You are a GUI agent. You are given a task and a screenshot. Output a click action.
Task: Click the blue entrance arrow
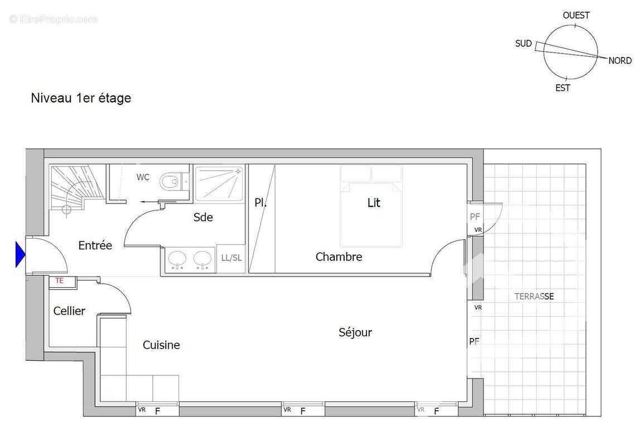click(20, 255)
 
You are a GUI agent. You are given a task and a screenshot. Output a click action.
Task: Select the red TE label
click(59, 281)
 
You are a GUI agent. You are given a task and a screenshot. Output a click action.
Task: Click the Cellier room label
click(69, 311)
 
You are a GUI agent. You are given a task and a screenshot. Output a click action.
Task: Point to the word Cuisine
click(161, 345)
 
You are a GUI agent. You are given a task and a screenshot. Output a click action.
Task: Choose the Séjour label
click(355, 333)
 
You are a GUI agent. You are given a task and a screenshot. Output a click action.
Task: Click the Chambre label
click(339, 257)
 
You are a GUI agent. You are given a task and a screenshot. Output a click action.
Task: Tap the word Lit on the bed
click(374, 203)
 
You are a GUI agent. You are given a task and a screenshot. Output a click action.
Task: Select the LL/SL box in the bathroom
click(231, 258)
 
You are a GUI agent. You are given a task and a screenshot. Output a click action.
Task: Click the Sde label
click(203, 217)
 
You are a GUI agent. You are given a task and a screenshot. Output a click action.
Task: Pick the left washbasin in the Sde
click(178, 259)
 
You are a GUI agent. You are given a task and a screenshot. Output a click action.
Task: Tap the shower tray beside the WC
click(218, 182)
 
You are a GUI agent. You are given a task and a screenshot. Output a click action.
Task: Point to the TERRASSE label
click(534, 297)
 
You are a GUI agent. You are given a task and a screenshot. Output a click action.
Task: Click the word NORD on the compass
click(620, 61)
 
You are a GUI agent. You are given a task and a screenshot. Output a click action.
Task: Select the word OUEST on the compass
click(576, 16)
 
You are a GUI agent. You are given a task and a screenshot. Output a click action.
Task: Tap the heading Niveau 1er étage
click(81, 98)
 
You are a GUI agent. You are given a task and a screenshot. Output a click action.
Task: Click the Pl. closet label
click(260, 203)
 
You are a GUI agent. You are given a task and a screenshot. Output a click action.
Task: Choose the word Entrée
click(95, 245)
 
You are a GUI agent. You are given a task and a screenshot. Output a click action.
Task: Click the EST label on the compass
click(563, 88)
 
